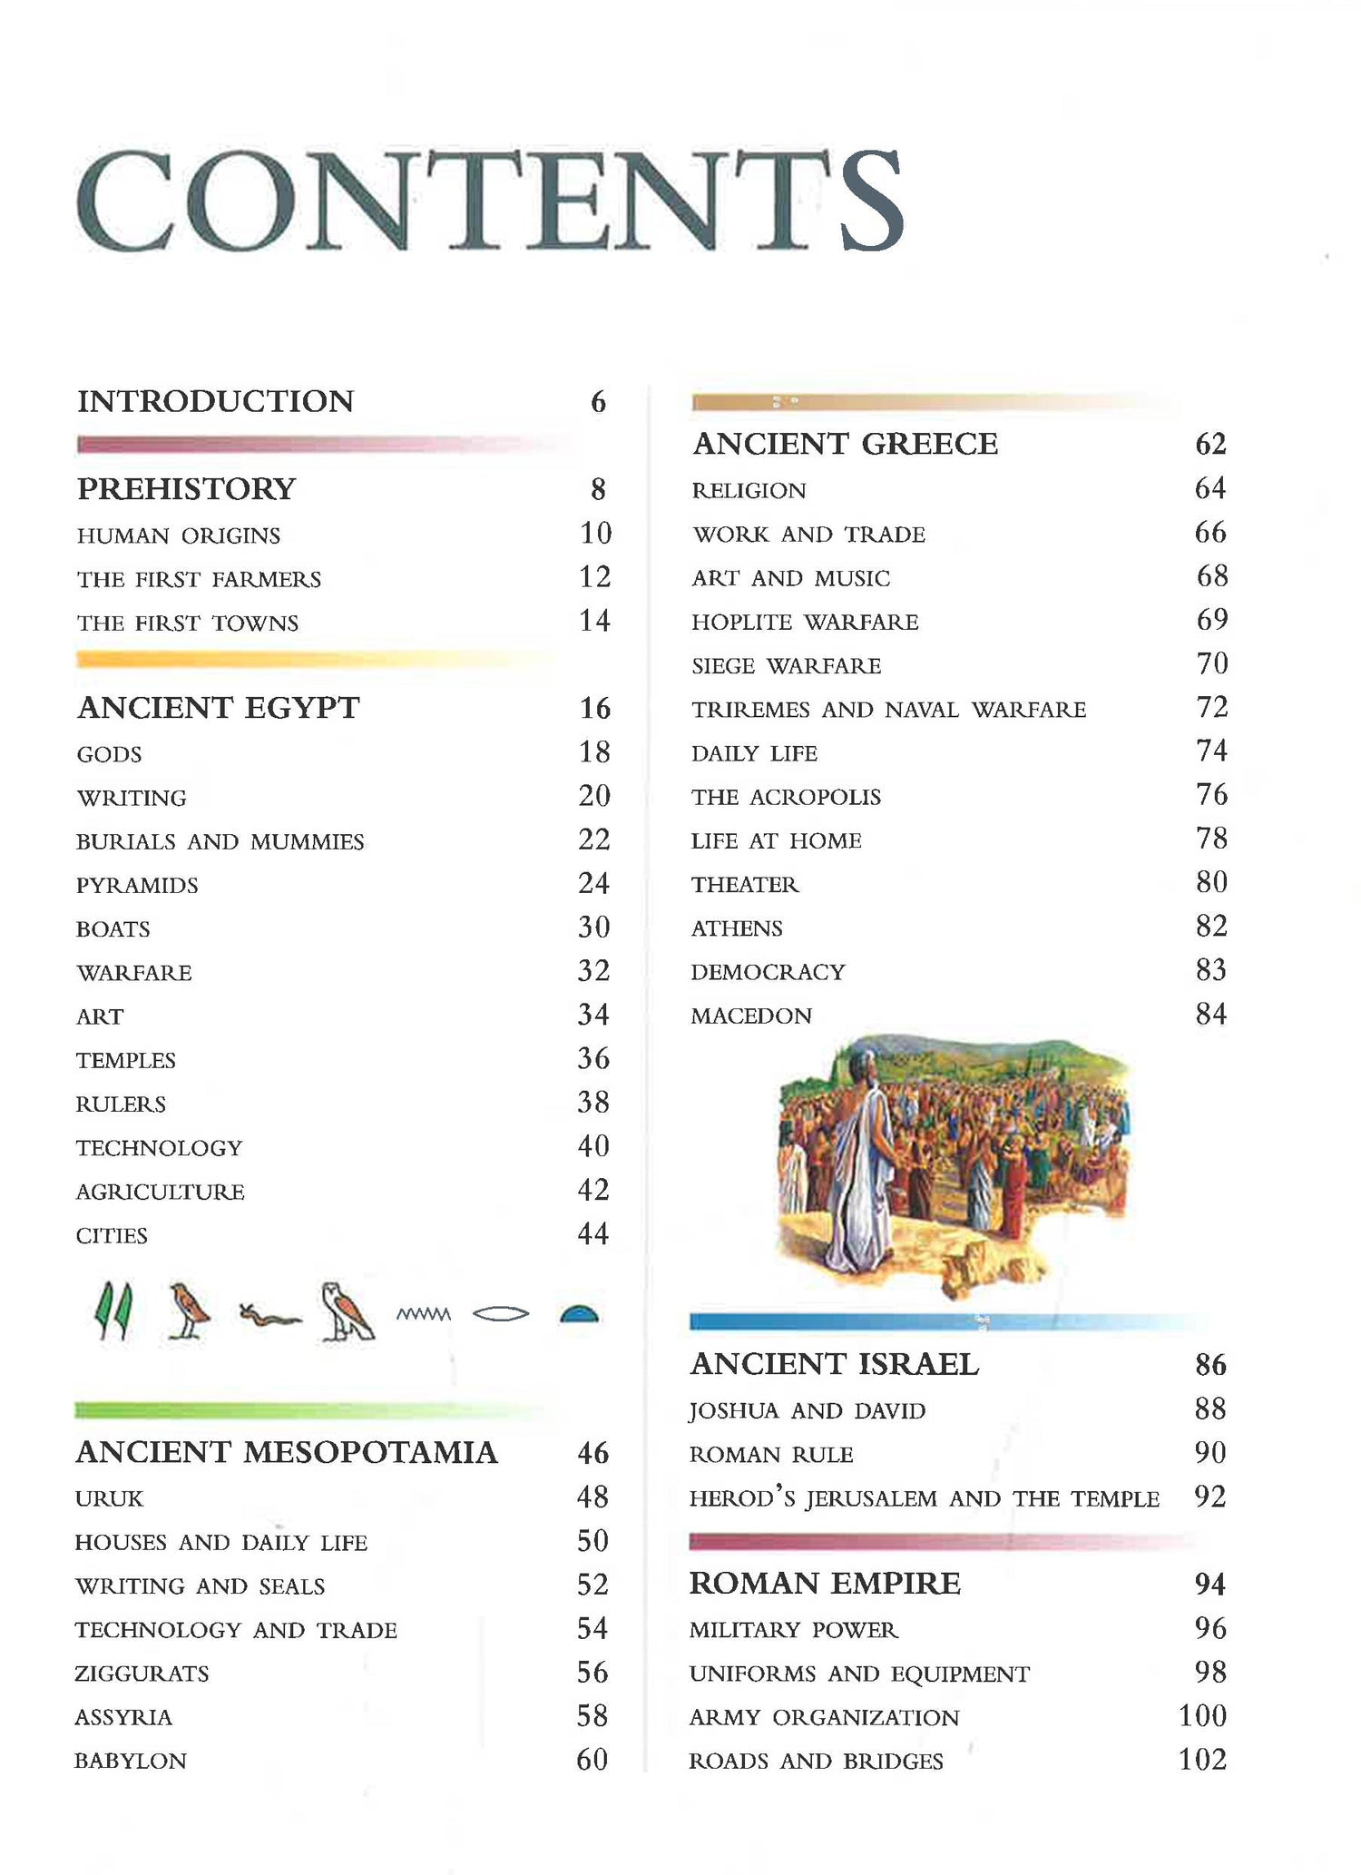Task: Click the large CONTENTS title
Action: pos(490,201)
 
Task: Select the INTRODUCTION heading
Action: pos(215,401)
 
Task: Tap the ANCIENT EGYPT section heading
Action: pos(218,708)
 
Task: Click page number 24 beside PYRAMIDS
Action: pos(594,883)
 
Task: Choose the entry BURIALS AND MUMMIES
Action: pos(220,842)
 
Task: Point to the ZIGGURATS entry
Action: pos(142,1674)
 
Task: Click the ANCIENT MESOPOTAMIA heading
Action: pos(286,1452)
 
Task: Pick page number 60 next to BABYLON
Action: pos(592,1760)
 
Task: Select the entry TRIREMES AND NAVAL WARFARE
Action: pos(888,710)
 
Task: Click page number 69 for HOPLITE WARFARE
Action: pos(1211,620)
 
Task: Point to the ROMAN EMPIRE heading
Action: pos(824,1584)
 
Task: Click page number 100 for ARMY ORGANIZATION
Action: pos(1202,1716)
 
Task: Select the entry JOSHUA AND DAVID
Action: pos(807,1411)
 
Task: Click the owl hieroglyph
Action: pos(346,1312)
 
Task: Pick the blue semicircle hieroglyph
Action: pos(579,1314)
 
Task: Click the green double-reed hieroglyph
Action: pos(114,1311)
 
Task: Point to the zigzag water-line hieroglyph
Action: pos(424,1314)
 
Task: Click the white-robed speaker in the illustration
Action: pos(858,1153)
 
